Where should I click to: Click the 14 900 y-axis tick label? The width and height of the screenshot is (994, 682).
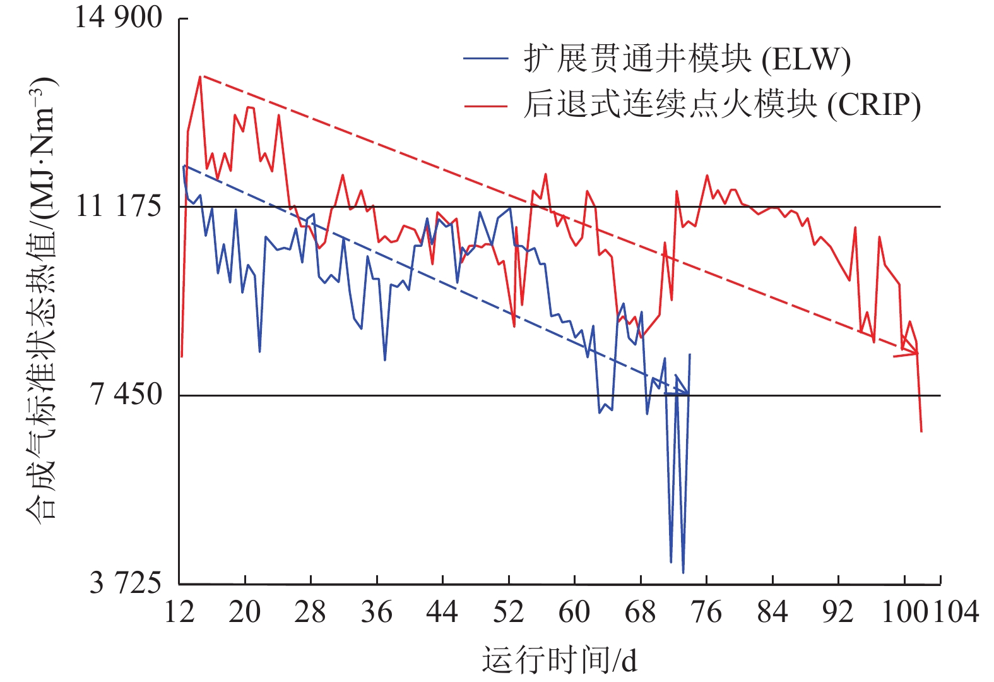click(118, 17)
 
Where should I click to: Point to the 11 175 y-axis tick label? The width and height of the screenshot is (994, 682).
click(118, 206)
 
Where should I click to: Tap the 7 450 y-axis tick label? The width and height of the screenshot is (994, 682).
click(126, 395)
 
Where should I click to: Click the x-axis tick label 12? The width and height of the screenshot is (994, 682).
click(179, 612)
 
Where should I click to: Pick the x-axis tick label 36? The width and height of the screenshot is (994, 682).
click(377, 612)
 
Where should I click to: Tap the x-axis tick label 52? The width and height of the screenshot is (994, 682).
click(509, 612)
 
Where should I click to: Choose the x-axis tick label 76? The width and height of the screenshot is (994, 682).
click(706, 612)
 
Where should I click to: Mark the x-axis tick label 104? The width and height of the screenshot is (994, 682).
click(956, 612)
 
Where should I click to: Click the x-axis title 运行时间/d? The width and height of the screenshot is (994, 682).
click(559, 661)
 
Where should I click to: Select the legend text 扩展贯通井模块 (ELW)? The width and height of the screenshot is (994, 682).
click(687, 59)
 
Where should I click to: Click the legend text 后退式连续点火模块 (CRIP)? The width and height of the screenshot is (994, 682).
click(721, 105)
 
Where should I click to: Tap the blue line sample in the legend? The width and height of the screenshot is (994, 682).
click(485, 59)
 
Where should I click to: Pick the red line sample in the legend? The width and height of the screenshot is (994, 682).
click(485, 105)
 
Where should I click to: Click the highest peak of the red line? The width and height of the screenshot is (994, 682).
click(200, 77)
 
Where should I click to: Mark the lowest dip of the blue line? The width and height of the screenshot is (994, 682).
click(683, 573)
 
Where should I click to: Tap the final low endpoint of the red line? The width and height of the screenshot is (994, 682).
click(921, 431)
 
